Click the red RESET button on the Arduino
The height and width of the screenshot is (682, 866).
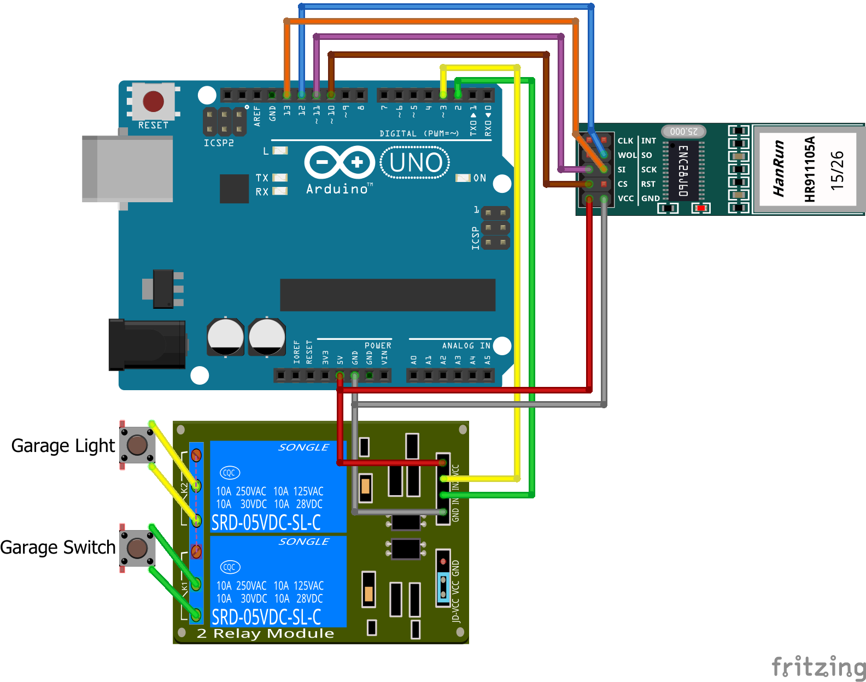coord(153,102)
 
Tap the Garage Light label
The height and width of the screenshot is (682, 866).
coord(63,446)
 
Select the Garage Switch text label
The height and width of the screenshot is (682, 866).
coord(58,548)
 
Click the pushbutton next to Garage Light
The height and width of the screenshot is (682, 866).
coord(137,445)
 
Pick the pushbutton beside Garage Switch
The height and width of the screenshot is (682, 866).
coord(137,548)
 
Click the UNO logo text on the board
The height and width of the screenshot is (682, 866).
coord(416,163)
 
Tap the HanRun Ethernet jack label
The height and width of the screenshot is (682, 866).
coord(779,168)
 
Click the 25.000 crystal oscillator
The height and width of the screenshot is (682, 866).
coord(683,132)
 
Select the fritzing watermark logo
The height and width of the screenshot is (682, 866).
coord(818,667)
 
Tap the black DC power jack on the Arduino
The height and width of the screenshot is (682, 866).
coord(147,345)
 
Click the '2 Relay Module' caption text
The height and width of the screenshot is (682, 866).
coord(265,634)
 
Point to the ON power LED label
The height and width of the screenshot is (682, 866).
coord(479,178)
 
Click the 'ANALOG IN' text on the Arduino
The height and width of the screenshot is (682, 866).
coord(466,346)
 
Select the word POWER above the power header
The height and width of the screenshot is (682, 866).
coord(378,346)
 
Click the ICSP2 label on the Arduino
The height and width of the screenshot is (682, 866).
coord(219,143)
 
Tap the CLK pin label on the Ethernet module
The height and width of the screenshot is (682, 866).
coord(625,141)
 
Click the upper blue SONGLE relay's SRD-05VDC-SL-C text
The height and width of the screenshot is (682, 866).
coord(266,523)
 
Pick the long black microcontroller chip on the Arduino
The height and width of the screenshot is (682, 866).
coord(388,295)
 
